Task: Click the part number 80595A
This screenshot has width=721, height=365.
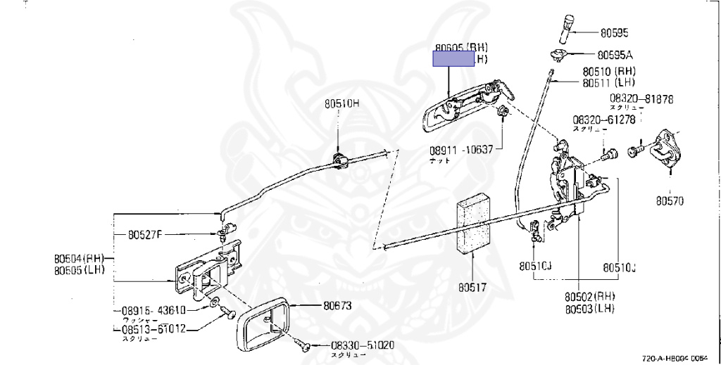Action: [x=615, y=54]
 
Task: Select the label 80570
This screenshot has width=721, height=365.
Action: [x=670, y=200]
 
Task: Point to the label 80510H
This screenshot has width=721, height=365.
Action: [x=341, y=103]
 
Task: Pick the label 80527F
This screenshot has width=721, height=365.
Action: [x=145, y=235]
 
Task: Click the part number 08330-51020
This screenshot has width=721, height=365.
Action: [x=363, y=345]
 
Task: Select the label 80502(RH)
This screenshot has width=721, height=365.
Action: [x=590, y=296]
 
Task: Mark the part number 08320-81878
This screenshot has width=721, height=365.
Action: [x=641, y=99]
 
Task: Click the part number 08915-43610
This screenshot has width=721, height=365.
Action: [x=153, y=310]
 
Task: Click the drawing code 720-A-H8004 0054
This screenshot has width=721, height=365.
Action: [x=679, y=357]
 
